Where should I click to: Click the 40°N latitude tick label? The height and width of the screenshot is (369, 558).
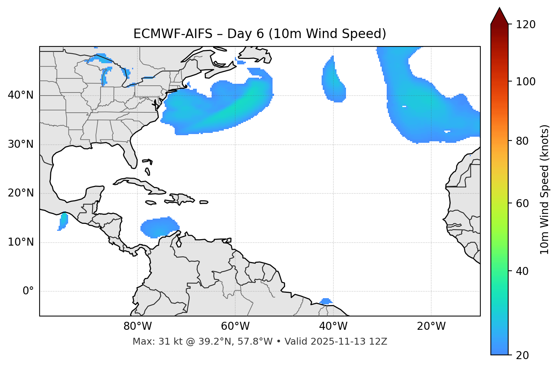(x=21, y=95)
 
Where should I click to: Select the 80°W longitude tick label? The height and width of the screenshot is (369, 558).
(x=137, y=326)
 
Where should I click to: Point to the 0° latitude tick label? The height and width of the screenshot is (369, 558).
(x=28, y=291)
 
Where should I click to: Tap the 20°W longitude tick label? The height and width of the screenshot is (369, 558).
(x=431, y=326)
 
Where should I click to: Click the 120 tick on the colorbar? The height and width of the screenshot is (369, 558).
(x=526, y=25)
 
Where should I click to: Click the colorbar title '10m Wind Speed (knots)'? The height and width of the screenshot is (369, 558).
(x=545, y=189)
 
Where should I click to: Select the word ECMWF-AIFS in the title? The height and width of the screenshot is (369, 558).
(x=173, y=34)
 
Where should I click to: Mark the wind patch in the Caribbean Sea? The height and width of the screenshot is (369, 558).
(x=159, y=227)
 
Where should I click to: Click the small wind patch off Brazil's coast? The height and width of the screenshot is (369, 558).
(x=326, y=302)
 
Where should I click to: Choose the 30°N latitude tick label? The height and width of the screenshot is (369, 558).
(x=21, y=144)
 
